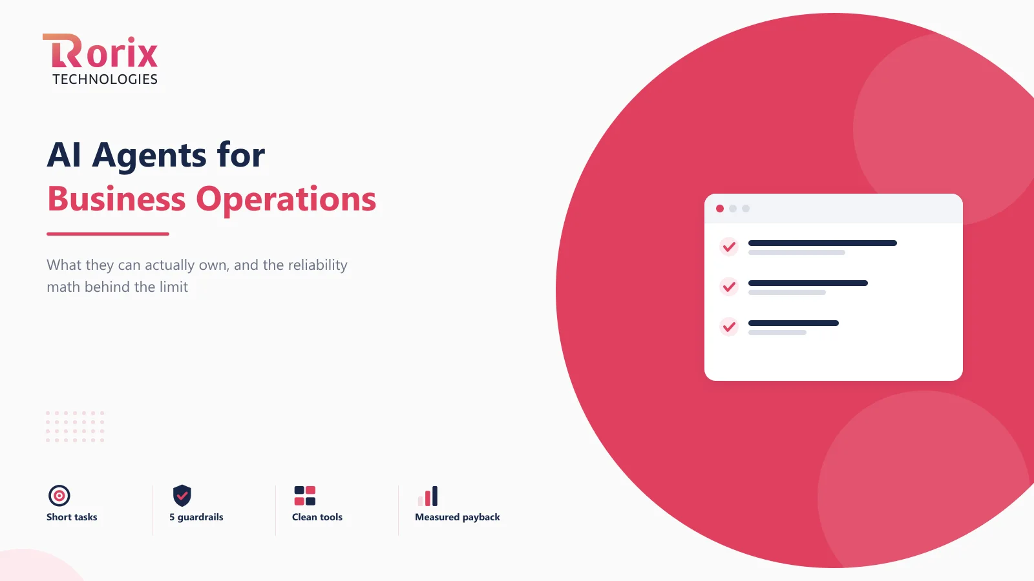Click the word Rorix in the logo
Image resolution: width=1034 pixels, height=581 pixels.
pyautogui.click(x=100, y=51)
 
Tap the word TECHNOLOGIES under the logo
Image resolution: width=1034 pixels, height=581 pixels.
pyautogui.click(x=105, y=79)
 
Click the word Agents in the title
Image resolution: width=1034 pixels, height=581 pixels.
pyautogui.click(x=149, y=156)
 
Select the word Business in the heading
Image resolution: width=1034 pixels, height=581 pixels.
pyautogui.click(x=116, y=199)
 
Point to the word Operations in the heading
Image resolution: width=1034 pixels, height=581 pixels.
pyautogui.click(x=286, y=200)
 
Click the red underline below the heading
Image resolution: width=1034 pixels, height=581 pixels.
pyautogui.click(x=108, y=234)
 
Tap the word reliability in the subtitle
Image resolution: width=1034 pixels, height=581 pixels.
pyautogui.click(x=317, y=265)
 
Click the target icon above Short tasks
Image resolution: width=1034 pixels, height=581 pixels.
pyautogui.click(x=59, y=496)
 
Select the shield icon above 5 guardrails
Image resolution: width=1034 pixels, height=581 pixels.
pyautogui.click(x=182, y=496)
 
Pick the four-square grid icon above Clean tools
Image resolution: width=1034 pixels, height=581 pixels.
pyautogui.click(x=304, y=496)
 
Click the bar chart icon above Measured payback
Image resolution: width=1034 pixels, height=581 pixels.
pyautogui.click(x=427, y=496)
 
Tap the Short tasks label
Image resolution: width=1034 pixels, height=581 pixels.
pyautogui.click(x=72, y=517)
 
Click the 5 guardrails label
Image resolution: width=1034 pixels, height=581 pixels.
pyautogui.click(x=196, y=517)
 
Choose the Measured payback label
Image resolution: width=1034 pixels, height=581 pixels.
pyautogui.click(x=458, y=517)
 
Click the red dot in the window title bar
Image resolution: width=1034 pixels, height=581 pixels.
pyautogui.click(x=720, y=209)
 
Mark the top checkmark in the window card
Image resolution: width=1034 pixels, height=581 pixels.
pyautogui.click(x=729, y=247)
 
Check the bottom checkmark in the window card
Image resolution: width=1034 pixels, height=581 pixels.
pyautogui.click(x=729, y=327)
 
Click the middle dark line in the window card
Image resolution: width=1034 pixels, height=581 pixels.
pyautogui.click(x=808, y=283)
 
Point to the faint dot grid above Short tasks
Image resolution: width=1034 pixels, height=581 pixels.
pyautogui.click(x=75, y=427)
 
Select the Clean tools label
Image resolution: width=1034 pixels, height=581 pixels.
pyautogui.click(x=317, y=517)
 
